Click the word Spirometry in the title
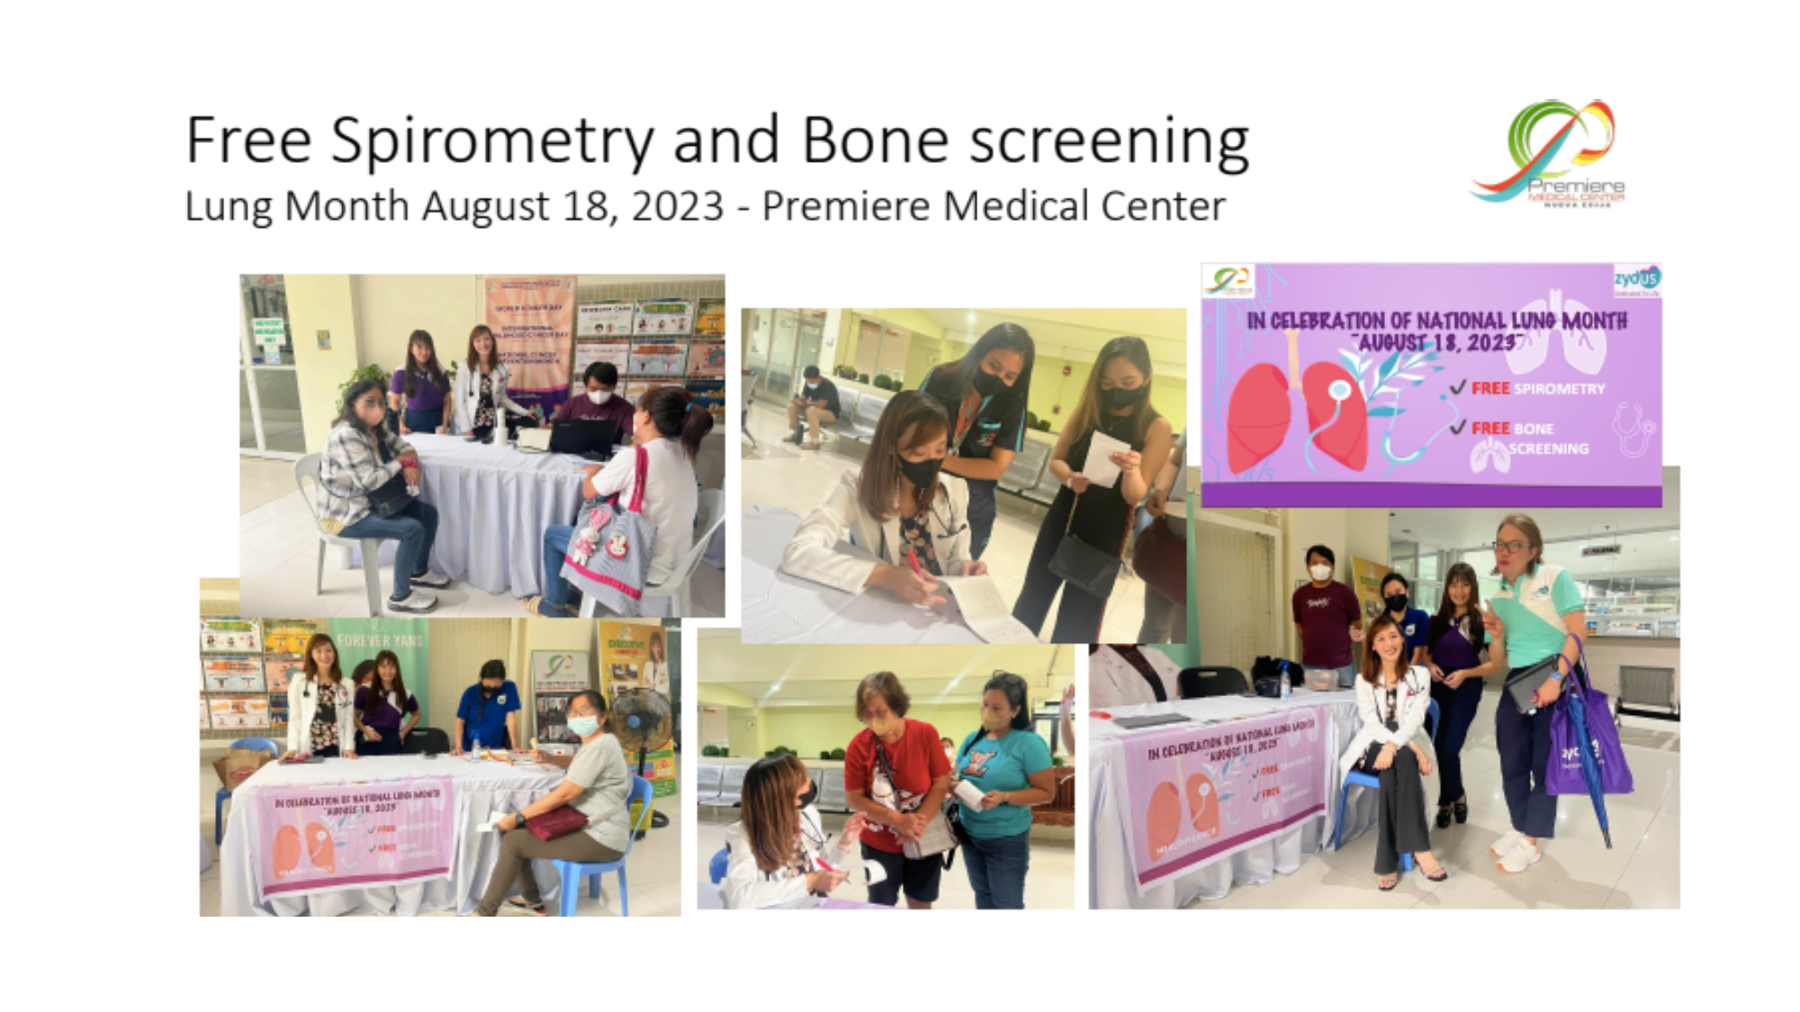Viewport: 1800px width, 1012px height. [491, 141]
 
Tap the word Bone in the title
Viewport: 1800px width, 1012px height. [875, 141]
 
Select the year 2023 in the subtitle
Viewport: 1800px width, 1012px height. [677, 206]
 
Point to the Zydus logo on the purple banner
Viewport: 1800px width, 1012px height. [1636, 280]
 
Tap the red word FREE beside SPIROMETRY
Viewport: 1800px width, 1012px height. [1489, 389]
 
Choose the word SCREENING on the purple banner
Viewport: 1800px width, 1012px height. [1548, 448]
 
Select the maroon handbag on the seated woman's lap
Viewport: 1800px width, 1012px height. [555, 821]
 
